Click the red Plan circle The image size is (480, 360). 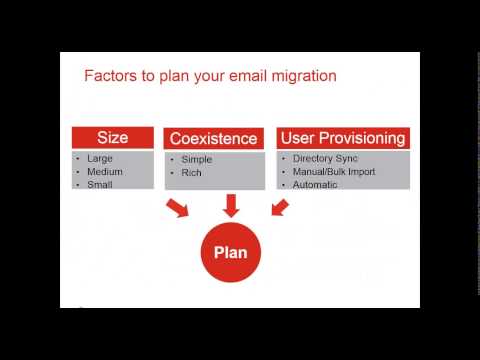point(231,253)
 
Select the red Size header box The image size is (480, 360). point(112,138)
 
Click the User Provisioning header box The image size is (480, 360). point(342,138)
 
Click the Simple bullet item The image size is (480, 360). point(197,159)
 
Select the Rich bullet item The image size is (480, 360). point(192,172)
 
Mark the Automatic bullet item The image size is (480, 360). point(318,184)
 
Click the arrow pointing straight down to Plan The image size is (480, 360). point(231,205)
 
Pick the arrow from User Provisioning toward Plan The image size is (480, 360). point(279,207)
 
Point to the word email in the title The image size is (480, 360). point(238,76)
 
